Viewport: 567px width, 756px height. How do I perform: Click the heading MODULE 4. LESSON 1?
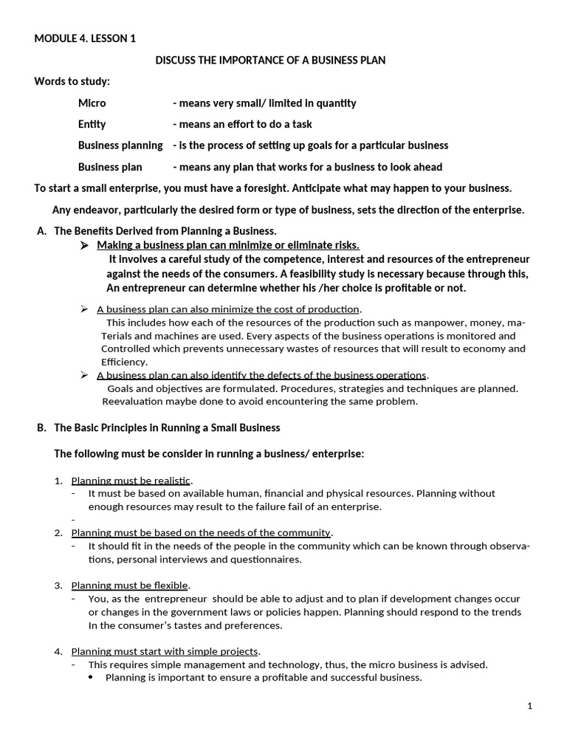click(85, 39)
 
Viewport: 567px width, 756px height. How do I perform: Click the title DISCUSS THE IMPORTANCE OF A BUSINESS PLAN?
click(270, 61)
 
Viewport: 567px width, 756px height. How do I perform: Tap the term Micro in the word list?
click(92, 103)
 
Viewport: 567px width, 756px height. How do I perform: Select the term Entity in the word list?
click(92, 124)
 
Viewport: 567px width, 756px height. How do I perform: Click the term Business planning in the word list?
click(120, 145)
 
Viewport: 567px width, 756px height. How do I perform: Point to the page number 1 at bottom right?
click(530, 707)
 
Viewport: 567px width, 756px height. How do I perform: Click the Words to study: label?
click(72, 81)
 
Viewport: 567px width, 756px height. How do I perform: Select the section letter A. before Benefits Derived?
click(42, 231)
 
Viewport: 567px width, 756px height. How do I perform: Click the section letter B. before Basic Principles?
click(42, 428)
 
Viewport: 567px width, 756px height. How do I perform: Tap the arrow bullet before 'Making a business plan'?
click(84, 245)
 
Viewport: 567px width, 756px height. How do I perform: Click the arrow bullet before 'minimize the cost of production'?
click(84, 309)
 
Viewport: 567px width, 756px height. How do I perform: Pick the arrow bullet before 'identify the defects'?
click(84, 375)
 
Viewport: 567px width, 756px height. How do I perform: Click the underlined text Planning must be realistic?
click(131, 481)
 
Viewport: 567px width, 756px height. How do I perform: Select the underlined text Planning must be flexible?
click(130, 585)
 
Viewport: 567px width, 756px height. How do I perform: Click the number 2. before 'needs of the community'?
click(58, 533)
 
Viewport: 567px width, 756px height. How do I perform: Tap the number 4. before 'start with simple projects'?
click(58, 652)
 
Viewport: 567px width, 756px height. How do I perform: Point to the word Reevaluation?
click(131, 402)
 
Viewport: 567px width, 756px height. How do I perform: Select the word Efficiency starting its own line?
click(124, 362)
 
